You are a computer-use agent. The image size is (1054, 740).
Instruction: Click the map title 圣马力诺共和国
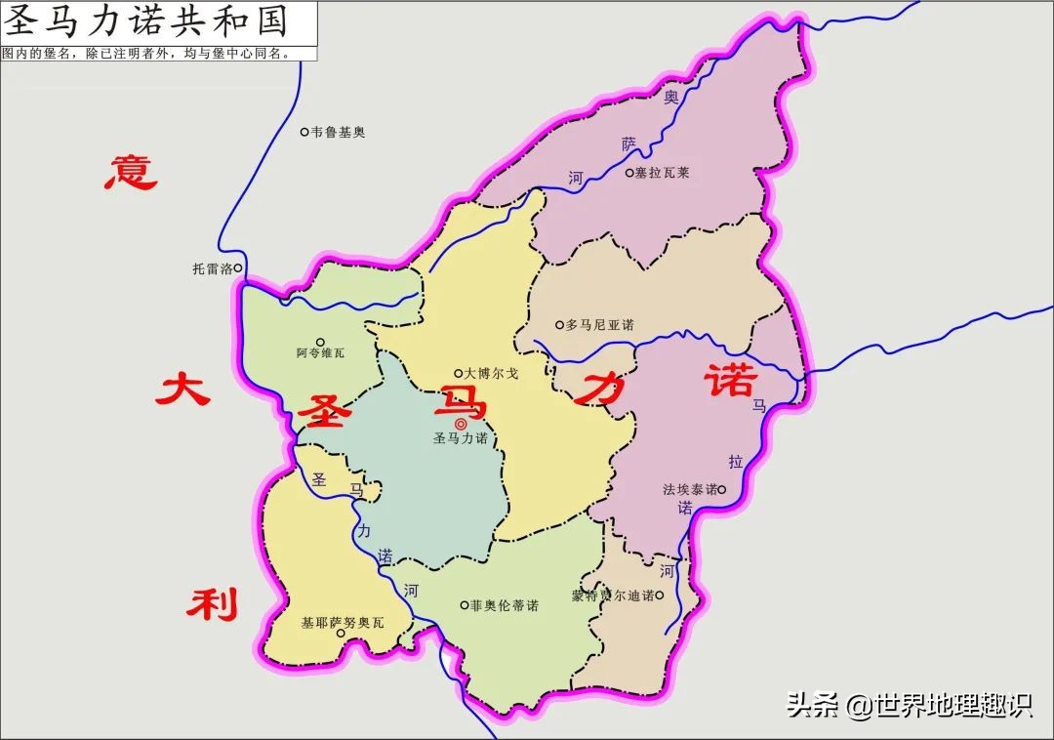click(148, 21)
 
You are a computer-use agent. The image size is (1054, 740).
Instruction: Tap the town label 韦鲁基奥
click(338, 132)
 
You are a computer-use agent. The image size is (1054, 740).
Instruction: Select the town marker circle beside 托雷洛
click(238, 267)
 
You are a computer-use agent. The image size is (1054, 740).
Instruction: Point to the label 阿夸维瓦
click(320, 352)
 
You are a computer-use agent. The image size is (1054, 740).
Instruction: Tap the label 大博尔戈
click(492, 373)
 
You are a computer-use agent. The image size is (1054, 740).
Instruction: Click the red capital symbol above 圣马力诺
click(461, 424)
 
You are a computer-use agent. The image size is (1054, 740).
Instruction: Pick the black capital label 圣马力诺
click(461, 439)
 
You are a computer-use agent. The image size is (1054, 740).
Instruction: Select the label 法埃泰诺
click(689, 489)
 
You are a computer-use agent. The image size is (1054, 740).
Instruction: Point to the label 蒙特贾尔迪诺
click(613, 596)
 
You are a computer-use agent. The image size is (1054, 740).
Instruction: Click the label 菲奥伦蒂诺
click(505, 605)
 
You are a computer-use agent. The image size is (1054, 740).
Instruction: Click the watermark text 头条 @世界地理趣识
click(909, 705)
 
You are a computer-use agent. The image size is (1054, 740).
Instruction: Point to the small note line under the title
click(146, 54)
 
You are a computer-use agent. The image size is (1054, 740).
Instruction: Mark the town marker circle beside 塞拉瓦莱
click(629, 173)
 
